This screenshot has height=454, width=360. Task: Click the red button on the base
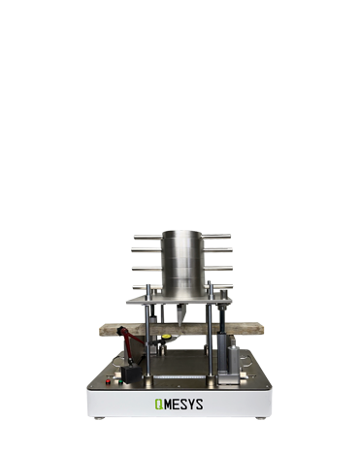108,382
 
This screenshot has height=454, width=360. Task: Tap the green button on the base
120,382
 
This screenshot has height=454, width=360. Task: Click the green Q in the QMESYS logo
159,405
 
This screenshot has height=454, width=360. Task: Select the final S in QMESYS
199,405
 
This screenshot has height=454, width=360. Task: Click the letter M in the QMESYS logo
168,405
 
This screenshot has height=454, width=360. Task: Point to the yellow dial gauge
167,337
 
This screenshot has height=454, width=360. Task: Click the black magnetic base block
131,374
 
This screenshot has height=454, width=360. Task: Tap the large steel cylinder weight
183,263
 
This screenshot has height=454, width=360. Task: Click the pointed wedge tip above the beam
180,325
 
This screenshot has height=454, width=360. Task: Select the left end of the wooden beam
100,331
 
